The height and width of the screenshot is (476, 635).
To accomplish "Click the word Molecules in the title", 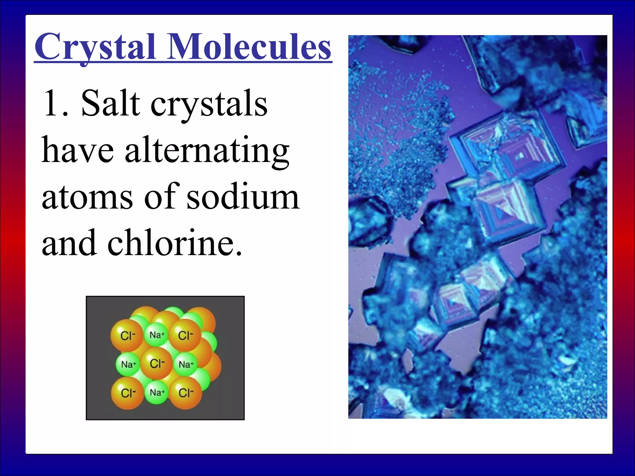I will [x=249, y=47].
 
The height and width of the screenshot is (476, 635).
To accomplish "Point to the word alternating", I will [x=207, y=151].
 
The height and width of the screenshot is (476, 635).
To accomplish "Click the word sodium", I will [x=243, y=197].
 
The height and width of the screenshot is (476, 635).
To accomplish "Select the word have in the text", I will [x=78, y=151].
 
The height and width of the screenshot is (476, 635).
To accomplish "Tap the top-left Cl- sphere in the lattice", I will [x=127, y=336].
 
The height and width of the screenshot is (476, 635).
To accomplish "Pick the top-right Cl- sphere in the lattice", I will [x=185, y=336].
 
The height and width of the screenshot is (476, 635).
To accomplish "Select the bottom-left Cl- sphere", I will [x=128, y=393].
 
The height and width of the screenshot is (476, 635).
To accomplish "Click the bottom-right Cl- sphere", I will [x=186, y=393].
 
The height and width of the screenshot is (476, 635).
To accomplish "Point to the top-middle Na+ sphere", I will [x=157, y=335].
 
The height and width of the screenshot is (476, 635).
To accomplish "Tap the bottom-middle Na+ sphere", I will [x=157, y=393].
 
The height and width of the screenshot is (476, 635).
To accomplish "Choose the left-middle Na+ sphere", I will [x=128, y=364].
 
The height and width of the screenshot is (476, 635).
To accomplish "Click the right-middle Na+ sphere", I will [x=186, y=364].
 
